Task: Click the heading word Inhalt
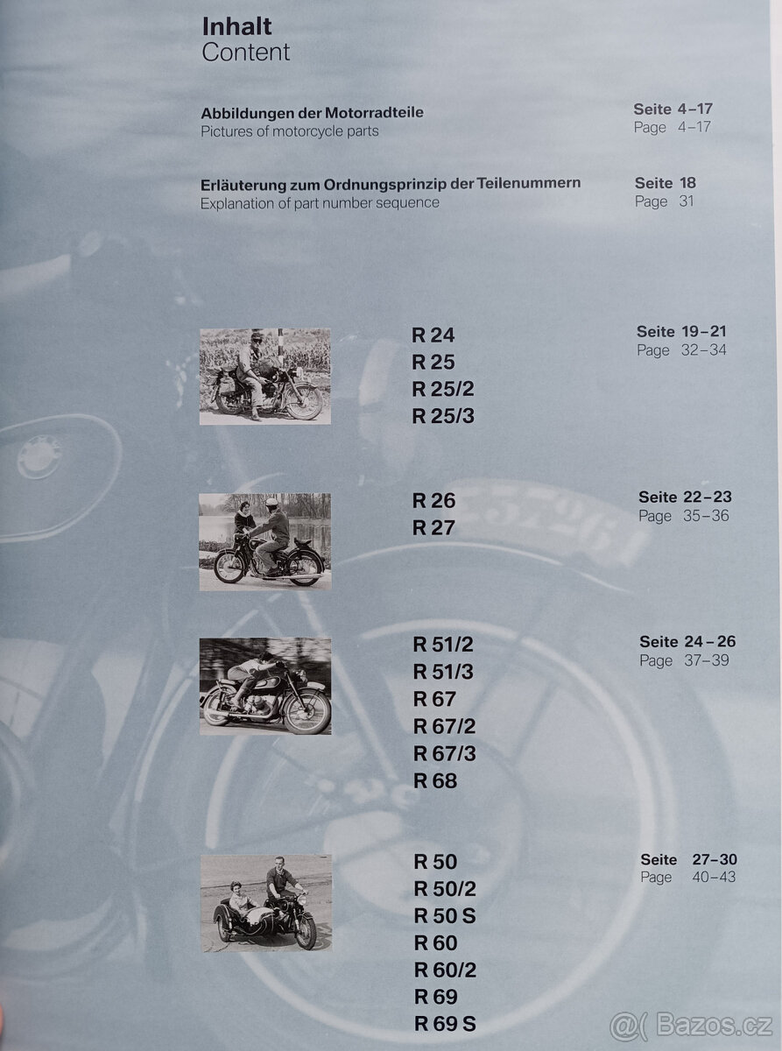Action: [236, 26]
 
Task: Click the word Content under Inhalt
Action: [245, 53]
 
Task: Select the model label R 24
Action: [433, 335]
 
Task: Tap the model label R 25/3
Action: [443, 416]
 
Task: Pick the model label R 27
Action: [433, 528]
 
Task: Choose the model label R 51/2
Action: [443, 645]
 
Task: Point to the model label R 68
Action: [435, 780]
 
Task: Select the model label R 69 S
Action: [445, 1024]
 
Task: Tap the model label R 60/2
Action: [445, 970]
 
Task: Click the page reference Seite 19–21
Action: [681, 332]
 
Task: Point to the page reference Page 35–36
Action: [683, 516]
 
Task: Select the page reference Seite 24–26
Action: [687, 642]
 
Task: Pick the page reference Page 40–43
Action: [688, 878]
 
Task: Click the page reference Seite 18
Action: [666, 183]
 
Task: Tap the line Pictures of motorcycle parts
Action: [290, 131]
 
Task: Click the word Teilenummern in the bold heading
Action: [528, 184]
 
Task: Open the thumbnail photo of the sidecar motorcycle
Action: [265, 902]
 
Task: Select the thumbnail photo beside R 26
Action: [264, 541]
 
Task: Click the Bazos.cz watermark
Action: [691, 1023]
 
